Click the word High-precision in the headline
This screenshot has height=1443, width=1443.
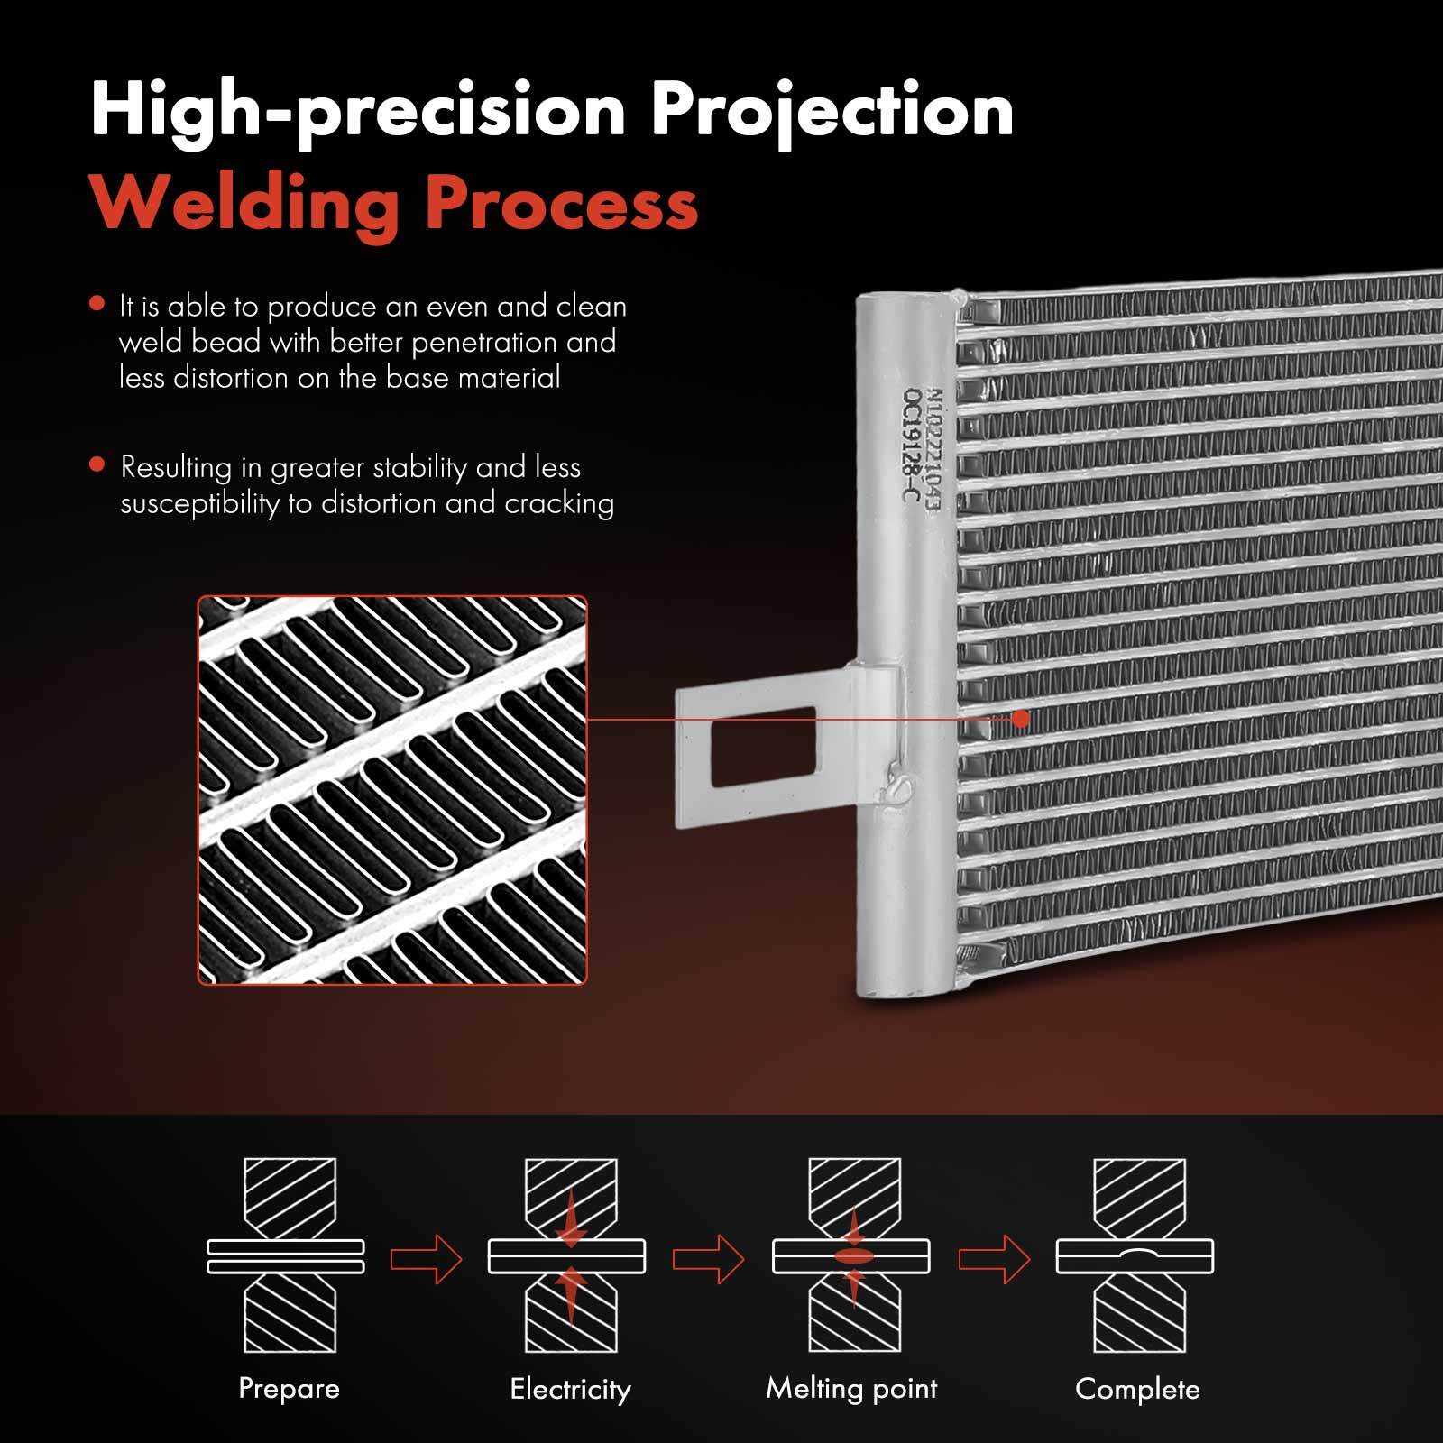click(358, 114)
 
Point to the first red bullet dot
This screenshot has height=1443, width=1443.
click(97, 304)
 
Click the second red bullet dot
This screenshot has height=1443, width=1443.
click(97, 465)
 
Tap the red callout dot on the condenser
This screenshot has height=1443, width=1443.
click(1021, 719)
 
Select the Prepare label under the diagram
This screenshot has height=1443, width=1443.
click(289, 1388)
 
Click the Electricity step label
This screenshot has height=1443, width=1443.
click(570, 1389)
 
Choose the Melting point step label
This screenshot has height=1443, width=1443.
click(851, 1389)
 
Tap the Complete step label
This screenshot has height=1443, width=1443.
click(1137, 1389)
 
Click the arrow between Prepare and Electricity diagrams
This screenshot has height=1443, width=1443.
click(426, 1258)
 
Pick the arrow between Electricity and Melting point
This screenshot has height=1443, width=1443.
click(709, 1258)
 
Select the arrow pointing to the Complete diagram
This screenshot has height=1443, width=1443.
click(994, 1258)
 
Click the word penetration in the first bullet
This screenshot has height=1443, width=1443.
click(486, 343)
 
